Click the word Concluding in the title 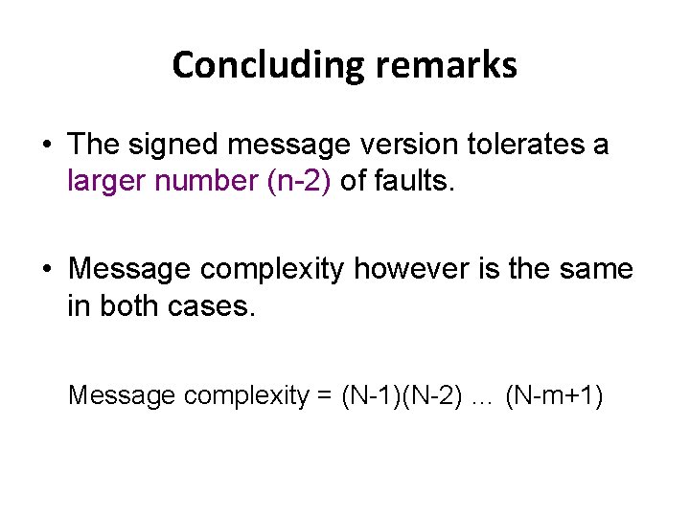[x=264, y=65]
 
